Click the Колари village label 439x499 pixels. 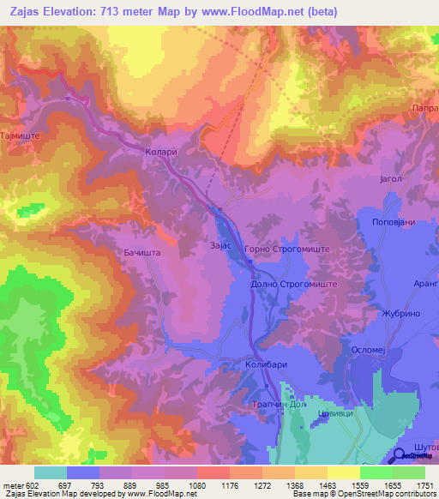click(161, 152)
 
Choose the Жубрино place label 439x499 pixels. click(402, 314)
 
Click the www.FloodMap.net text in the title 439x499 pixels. click(252, 12)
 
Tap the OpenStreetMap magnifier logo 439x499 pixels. click(400, 457)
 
